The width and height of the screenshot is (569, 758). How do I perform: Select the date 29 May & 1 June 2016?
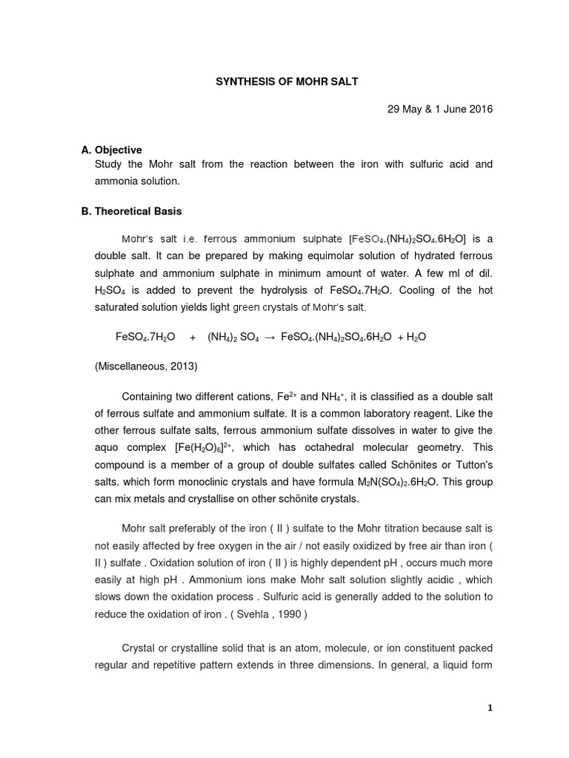[x=440, y=109]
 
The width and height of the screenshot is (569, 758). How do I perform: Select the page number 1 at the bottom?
[x=490, y=708]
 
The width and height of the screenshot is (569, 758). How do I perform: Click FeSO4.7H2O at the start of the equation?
[x=145, y=337]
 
